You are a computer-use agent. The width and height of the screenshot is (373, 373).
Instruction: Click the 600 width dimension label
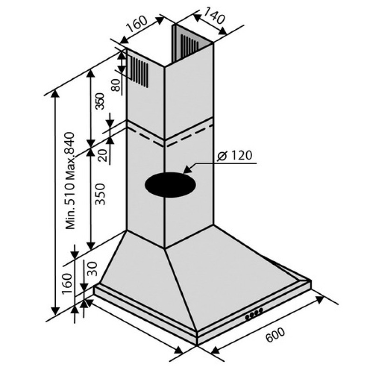[x=275, y=335]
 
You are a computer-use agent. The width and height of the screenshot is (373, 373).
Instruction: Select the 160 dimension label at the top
[x=137, y=24]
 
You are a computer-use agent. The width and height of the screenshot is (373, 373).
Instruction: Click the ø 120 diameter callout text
[x=235, y=156]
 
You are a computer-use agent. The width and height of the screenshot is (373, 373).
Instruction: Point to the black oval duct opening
[x=170, y=185]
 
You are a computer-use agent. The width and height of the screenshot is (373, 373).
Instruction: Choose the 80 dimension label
[x=116, y=85]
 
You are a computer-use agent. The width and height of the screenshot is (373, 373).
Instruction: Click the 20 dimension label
[x=103, y=156]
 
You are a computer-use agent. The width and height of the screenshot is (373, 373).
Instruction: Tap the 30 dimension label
[x=92, y=269]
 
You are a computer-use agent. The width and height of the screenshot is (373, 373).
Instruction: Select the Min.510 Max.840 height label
[x=70, y=181]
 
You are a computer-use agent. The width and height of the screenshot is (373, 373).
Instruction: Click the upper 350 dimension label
[x=100, y=101]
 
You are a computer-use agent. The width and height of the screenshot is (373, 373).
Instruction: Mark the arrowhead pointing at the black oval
[x=188, y=169]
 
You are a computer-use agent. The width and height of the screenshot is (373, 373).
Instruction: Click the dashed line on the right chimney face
[x=189, y=134]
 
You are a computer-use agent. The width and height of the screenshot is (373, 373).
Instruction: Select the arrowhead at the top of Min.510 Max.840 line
[x=55, y=95]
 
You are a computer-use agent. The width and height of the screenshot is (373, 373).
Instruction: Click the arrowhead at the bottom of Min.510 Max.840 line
[x=55, y=311]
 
